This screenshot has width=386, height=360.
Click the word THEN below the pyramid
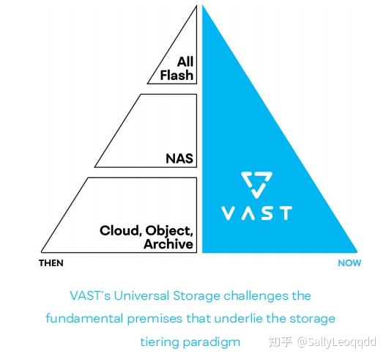tap(51, 263)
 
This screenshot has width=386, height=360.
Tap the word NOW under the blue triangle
tap(349, 263)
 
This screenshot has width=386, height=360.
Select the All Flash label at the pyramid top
tap(180, 68)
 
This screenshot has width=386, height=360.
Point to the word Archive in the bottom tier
tap(170, 243)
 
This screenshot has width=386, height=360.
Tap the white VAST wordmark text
tap(256, 213)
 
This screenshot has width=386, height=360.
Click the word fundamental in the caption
tap(82, 319)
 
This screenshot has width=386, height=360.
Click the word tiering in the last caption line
tap(159, 342)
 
